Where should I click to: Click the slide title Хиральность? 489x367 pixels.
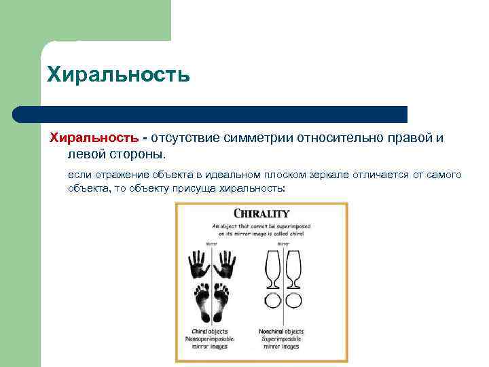click(118, 73)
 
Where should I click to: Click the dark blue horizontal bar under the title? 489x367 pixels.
click(211, 114)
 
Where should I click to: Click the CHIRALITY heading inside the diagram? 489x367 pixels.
click(261, 213)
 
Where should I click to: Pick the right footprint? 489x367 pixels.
click(223, 302)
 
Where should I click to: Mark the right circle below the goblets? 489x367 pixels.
click(293, 300)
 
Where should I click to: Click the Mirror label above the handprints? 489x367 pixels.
click(213, 243)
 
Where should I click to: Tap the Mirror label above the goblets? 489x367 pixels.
click(282, 243)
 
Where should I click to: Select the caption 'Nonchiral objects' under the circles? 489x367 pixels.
click(281, 332)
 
